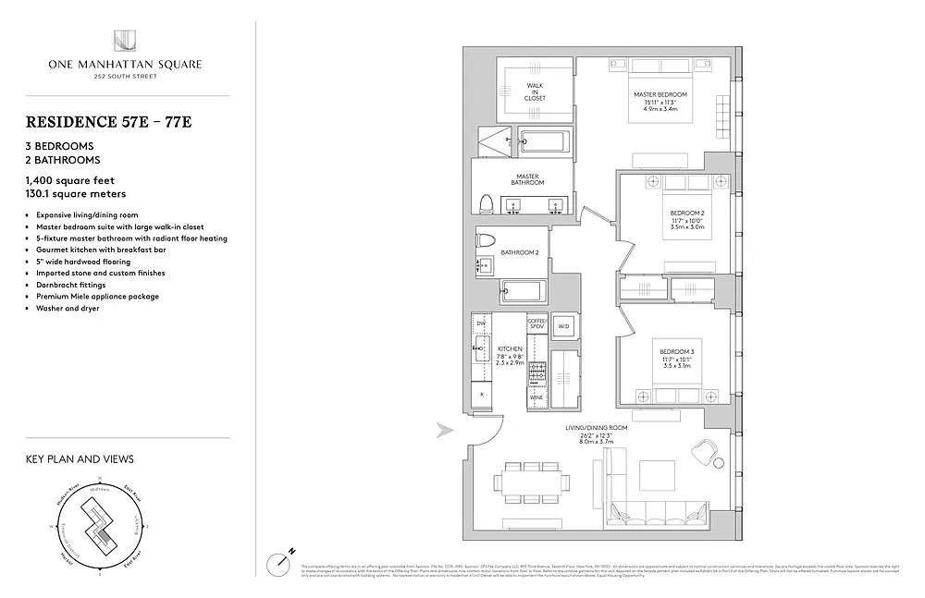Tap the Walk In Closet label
[x=535, y=91]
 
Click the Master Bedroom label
[x=660, y=101]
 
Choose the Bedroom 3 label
[x=676, y=358]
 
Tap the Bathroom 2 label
[x=519, y=251]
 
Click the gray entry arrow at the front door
[x=445, y=429]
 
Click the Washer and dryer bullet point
[x=65, y=308]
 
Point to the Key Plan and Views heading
[x=80, y=458]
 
